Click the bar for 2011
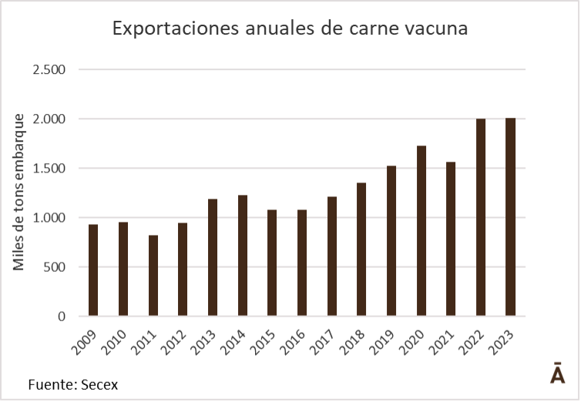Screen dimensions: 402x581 coord(153,276)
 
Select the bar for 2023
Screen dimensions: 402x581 coord(510,217)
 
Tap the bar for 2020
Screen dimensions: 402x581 coord(421,231)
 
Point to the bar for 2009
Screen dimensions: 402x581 coord(93,270)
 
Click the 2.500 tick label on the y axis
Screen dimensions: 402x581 coord(49,69)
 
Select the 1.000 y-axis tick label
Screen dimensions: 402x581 coord(49,218)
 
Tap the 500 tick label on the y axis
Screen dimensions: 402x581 coord(55,267)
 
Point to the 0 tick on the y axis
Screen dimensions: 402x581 coord(62,317)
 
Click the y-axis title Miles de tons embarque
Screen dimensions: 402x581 coord(18,192)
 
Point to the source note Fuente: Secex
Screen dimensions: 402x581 coord(73,384)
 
